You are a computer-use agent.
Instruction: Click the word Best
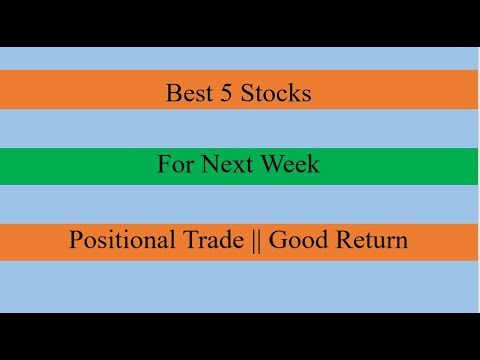point(187,94)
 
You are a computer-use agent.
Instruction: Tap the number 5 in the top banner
point(224,94)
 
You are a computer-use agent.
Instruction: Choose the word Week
point(288,164)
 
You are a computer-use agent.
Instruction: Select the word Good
point(297,240)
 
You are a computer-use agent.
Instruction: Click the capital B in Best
point(173,94)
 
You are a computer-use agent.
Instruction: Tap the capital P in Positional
point(76,240)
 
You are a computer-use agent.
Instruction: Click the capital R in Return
point(343,240)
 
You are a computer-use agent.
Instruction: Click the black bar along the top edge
point(240,22)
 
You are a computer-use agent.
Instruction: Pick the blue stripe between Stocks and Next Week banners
point(240,128)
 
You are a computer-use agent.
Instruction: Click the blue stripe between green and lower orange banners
point(240,204)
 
